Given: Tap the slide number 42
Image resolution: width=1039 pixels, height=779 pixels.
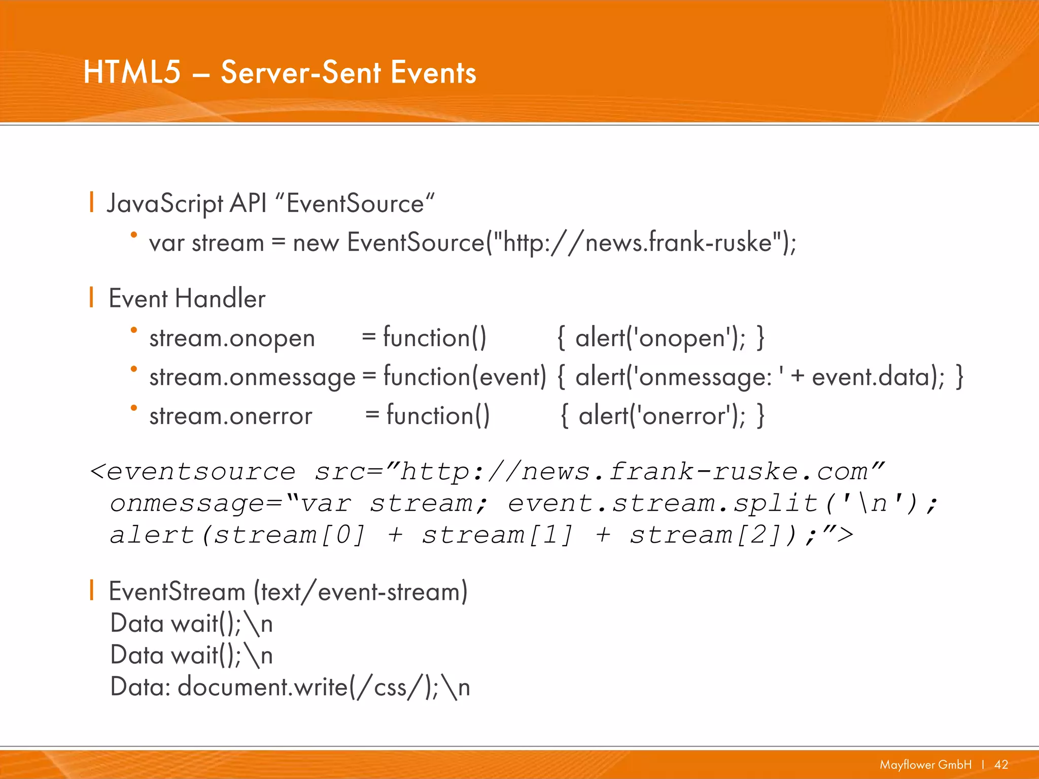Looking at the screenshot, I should tap(1001, 764).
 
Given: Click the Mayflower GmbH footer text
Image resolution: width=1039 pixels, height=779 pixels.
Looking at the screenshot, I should tap(925, 764).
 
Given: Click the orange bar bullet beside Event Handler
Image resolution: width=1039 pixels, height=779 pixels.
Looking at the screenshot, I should tap(91, 297).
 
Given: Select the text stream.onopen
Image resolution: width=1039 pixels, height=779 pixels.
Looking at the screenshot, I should tap(232, 338).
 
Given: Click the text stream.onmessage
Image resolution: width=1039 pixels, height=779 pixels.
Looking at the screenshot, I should tap(252, 377).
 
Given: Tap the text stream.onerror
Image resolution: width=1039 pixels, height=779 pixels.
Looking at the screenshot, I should tap(230, 416).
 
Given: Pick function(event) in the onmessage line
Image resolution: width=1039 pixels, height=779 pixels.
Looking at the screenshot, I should tap(464, 377).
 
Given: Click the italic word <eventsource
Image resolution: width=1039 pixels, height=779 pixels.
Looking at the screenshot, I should tap(193, 472).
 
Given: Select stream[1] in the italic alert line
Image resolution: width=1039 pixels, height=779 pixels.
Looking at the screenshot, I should tap(497, 535).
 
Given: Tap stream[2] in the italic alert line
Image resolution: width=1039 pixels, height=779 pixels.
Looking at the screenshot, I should tap(705, 535).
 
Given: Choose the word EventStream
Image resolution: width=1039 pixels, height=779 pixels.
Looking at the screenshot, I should tap(177, 592).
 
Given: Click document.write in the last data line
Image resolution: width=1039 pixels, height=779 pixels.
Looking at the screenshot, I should tap(262, 687).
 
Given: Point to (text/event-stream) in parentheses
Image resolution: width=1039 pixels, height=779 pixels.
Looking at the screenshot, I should tap(360, 592).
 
